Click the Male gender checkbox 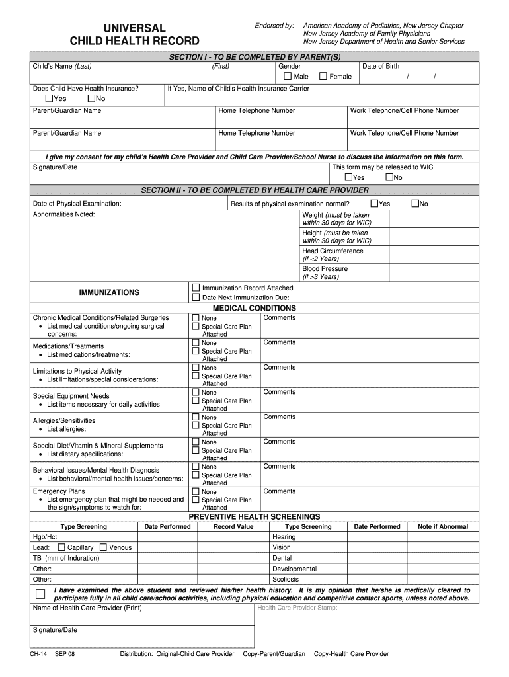(288, 77)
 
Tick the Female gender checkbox (323, 77)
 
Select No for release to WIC (389, 177)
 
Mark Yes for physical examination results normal (374, 204)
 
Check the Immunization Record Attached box (196, 288)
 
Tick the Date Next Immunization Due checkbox (196, 298)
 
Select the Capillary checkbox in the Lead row (61, 547)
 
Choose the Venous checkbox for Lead (103, 547)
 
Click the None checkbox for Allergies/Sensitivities (196, 417)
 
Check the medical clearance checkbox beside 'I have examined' (41, 594)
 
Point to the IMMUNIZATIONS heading (109, 292)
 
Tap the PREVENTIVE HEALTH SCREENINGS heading (254, 516)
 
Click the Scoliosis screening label (286, 579)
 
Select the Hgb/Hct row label (45, 537)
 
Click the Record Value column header (233, 527)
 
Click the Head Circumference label (333, 251)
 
